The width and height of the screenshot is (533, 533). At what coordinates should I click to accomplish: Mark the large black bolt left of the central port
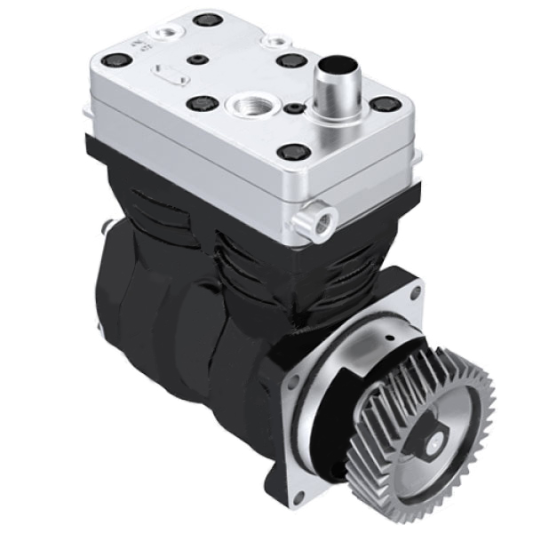[200, 103]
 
